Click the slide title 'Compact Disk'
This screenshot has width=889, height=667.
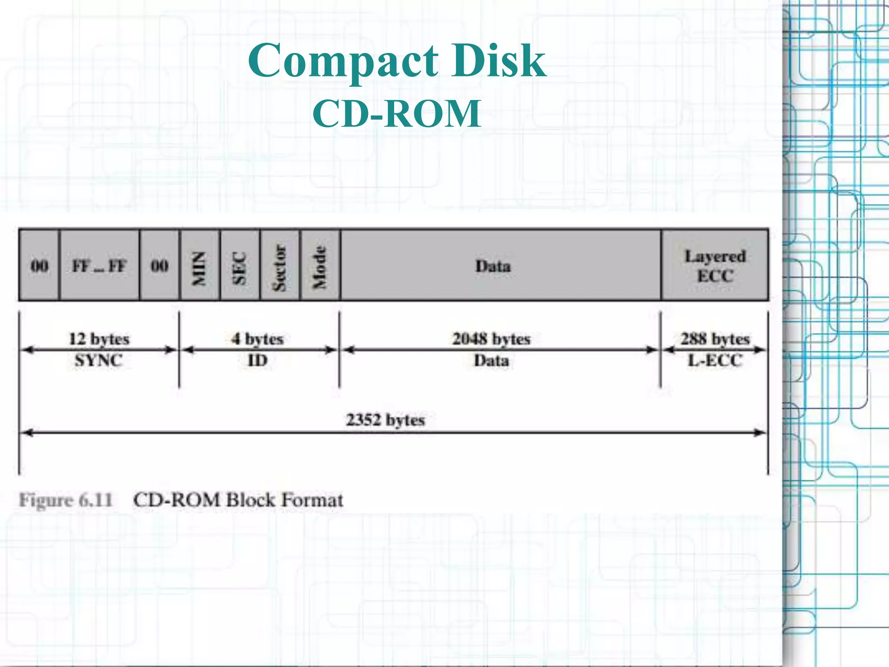397,61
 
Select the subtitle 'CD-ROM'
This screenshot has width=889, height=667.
397,114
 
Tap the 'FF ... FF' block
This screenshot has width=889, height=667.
99,265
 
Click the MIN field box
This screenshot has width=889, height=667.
199,265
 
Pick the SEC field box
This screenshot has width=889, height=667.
240,265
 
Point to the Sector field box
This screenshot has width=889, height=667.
280,265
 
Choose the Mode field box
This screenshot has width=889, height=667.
320,265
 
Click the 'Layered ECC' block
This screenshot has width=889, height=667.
715,265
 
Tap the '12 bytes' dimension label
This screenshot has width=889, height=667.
99,339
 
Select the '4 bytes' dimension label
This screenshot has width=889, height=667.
257,339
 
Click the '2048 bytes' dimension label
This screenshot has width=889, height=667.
491,339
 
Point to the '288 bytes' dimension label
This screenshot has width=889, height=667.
715,339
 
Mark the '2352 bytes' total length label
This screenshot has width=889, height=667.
385,420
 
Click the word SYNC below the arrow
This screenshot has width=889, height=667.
99,360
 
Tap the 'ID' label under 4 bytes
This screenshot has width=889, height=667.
257,360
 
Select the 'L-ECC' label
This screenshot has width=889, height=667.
715,360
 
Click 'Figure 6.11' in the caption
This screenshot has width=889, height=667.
66,500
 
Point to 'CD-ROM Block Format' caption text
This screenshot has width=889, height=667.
238,500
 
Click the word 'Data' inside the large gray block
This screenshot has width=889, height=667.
493,266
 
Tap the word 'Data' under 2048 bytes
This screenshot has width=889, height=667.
491,360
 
